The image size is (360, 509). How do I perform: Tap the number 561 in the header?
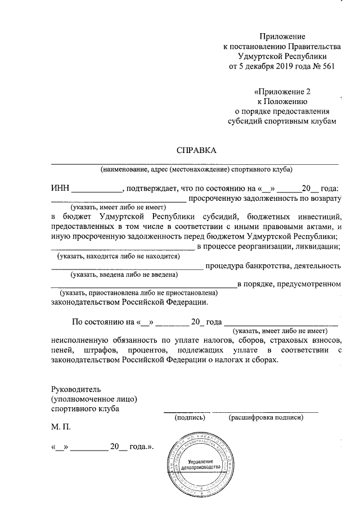pyautogui.click(x=327, y=66)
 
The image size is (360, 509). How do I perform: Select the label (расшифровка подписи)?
pyautogui.click(x=266, y=417)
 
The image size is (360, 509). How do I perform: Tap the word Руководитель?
pyautogui.click(x=75, y=389)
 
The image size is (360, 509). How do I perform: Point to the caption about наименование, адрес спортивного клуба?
pyautogui.click(x=196, y=169)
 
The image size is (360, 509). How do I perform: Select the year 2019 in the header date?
pyautogui.click(x=280, y=66)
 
